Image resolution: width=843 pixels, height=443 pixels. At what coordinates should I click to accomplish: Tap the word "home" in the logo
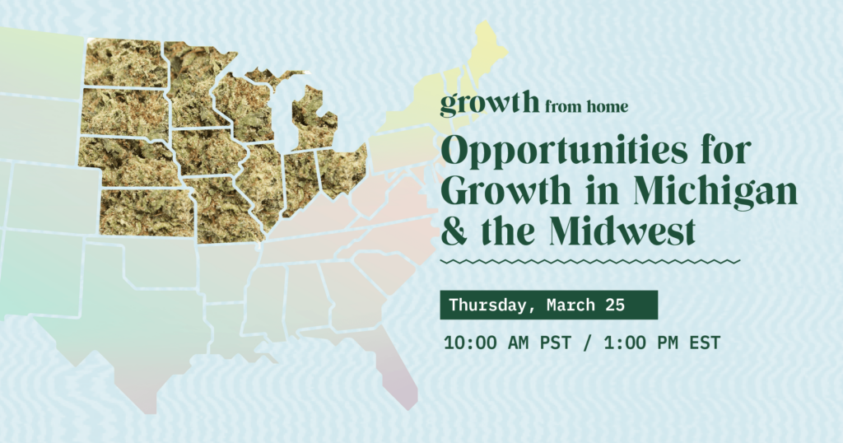coord(608,106)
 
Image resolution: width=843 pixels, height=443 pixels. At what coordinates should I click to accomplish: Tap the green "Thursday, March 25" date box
coord(548,305)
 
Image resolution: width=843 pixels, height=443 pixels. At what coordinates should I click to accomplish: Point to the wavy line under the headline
coord(589,261)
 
